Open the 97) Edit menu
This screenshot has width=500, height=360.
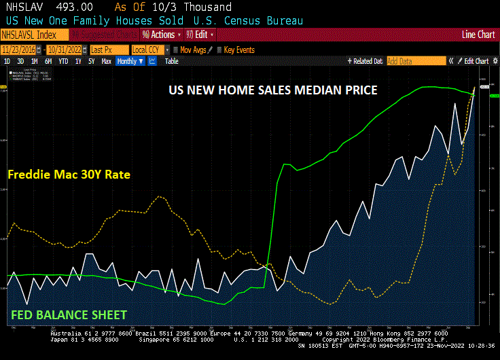(200, 34)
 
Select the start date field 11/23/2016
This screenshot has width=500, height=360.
(20, 50)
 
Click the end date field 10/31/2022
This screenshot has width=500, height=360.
(65, 50)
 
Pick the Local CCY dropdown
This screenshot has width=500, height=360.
(147, 50)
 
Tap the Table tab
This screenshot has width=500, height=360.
(172, 61)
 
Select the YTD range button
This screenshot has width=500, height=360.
(63, 61)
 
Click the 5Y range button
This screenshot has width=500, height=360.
(92, 61)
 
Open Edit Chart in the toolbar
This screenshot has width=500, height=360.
(476, 61)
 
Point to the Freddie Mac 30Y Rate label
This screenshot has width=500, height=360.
(69, 175)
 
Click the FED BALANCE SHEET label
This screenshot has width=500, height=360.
(69, 314)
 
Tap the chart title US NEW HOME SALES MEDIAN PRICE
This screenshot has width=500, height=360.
(272, 90)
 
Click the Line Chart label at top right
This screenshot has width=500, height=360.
(478, 34)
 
